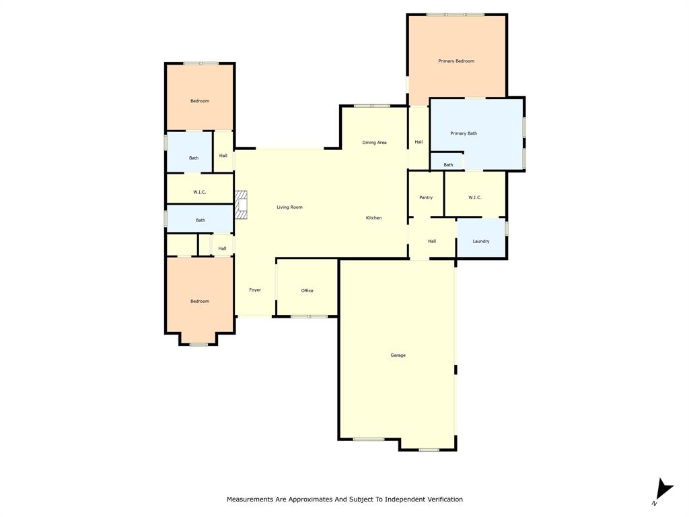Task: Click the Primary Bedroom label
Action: pos(456,61)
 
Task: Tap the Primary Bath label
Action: pos(464,133)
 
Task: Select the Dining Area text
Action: pos(374,143)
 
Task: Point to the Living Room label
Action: pos(289,207)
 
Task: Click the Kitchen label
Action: pos(373,218)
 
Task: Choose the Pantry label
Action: pos(426,197)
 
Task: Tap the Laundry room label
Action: pos(481,241)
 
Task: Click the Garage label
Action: pos(398,355)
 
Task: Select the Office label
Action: pos(307,291)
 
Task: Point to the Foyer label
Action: pos(255,290)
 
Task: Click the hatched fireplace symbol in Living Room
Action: pos(242,205)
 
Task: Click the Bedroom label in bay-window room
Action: pos(199,302)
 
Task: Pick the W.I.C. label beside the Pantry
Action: pos(475,197)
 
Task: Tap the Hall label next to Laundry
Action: pos(432,241)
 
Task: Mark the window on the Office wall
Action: pos(309,316)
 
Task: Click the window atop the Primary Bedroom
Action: pos(455,15)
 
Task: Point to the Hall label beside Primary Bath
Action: pos(419,142)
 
